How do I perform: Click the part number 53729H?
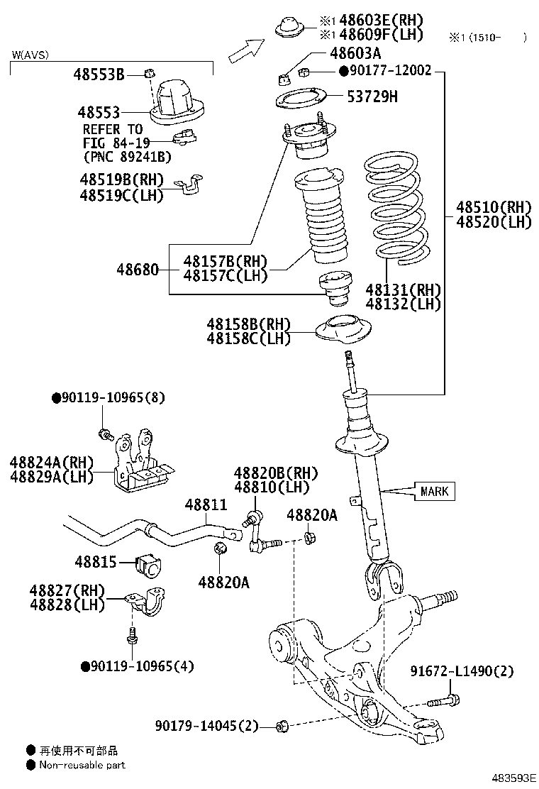372,96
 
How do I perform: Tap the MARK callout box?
434,492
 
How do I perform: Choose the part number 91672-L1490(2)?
462,671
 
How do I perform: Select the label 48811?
206,504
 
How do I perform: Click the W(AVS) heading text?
30,55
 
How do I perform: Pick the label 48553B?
99,73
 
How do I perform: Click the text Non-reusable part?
82,765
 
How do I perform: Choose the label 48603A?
355,53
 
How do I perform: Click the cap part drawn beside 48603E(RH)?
289,27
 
